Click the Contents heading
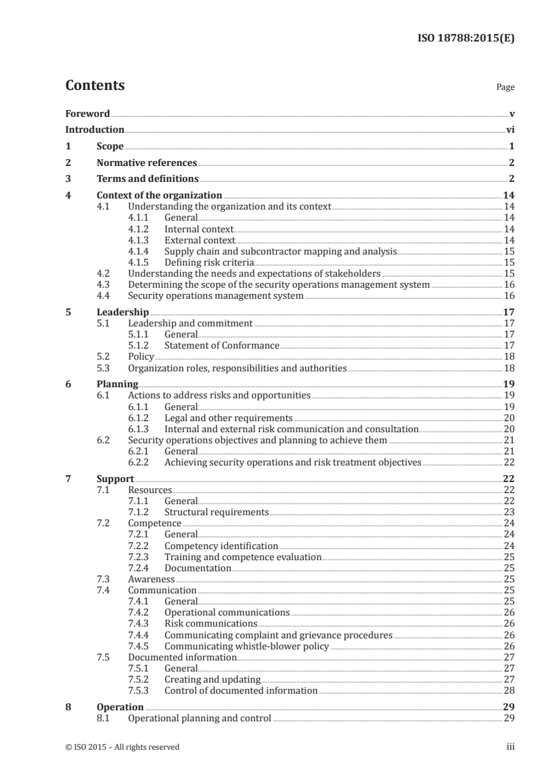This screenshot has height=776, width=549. (x=95, y=86)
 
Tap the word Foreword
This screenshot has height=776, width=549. (x=87, y=113)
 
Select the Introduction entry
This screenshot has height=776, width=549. (x=94, y=129)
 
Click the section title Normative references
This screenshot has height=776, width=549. (x=146, y=163)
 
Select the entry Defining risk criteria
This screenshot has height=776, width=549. (x=209, y=262)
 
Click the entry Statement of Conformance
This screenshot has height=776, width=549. (x=222, y=345)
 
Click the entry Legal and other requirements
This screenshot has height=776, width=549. (x=228, y=418)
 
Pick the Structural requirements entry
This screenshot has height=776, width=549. (x=216, y=512)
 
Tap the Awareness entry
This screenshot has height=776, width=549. (x=151, y=579)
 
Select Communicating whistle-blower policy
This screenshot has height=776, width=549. (x=246, y=646)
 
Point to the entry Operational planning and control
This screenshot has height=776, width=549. (x=199, y=719)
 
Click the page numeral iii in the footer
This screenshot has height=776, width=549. (x=510, y=747)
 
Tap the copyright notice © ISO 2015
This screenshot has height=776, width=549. (x=122, y=747)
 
